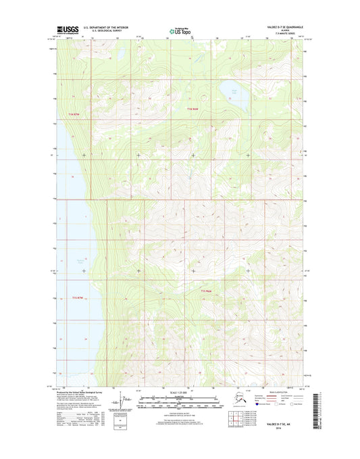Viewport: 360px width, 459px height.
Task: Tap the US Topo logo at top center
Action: tap(179, 30)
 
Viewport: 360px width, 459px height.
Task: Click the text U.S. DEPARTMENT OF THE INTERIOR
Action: tap(107, 28)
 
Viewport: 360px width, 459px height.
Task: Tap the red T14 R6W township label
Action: tap(192, 109)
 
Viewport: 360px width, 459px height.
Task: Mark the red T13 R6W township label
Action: tap(207, 291)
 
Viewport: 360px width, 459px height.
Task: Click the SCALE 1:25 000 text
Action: tap(179, 393)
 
